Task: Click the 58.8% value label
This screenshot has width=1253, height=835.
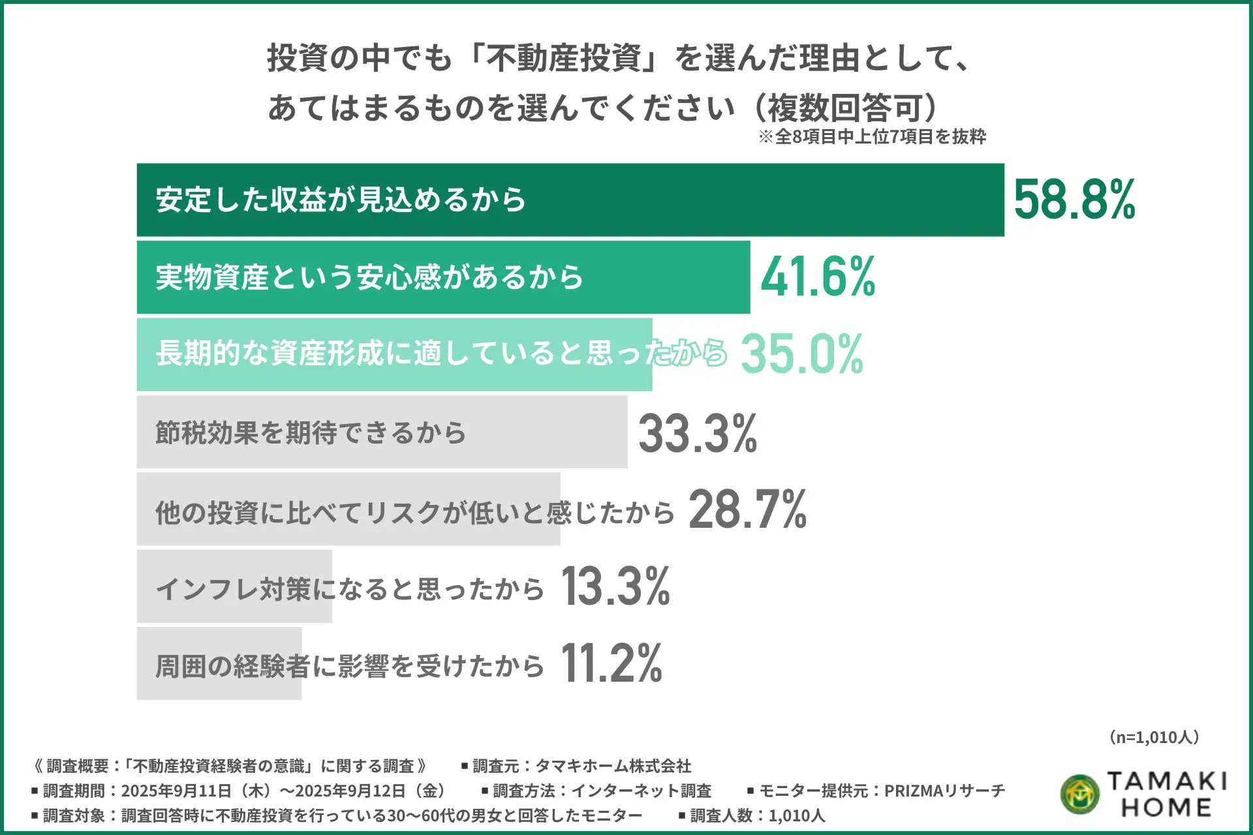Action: point(1074,200)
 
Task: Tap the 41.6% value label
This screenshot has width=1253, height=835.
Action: point(818,277)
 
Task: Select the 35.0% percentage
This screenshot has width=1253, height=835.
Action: point(802,354)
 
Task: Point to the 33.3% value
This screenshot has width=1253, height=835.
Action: point(698,433)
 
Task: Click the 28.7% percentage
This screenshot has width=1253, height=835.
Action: point(748,509)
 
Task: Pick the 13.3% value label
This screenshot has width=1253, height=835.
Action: point(615,586)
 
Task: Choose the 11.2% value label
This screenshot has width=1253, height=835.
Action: point(611,663)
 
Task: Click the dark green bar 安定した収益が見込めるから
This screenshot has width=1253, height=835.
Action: point(718,200)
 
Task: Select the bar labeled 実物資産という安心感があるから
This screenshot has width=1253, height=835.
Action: point(653,277)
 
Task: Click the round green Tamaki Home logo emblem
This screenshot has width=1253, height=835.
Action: point(1080,794)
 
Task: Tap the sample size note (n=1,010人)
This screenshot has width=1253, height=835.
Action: point(1154,737)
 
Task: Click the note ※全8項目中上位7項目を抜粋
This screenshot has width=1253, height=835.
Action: point(873,137)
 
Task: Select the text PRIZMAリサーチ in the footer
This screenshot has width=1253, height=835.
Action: point(944,791)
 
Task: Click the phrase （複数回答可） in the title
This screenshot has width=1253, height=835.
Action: point(846,108)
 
